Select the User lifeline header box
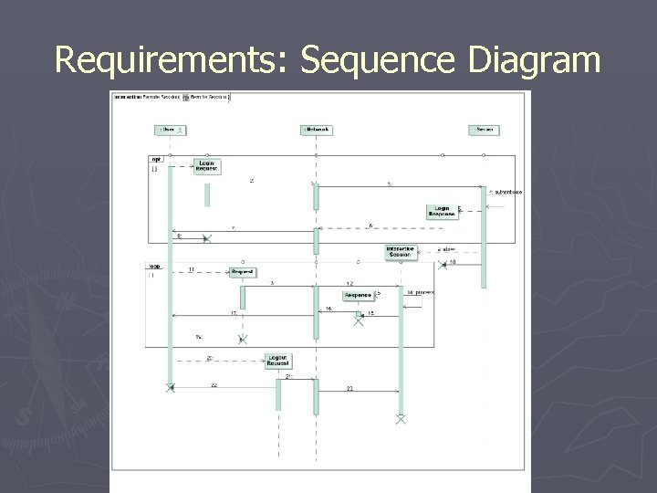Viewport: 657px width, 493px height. pyautogui.click(x=170, y=130)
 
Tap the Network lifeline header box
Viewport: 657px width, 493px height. pyautogui.click(x=316, y=130)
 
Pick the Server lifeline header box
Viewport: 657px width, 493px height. pyautogui.click(x=484, y=130)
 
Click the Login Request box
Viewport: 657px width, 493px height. pyautogui.click(x=207, y=165)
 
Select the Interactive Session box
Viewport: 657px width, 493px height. pyautogui.click(x=400, y=251)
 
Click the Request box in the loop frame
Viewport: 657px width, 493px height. pyautogui.click(x=242, y=271)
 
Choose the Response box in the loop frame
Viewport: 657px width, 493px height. pyautogui.click(x=358, y=295)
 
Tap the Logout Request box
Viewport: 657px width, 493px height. pyautogui.click(x=278, y=361)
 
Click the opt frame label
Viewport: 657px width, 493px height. pyautogui.click(x=156, y=159)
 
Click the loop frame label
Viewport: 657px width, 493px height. pyautogui.click(x=155, y=266)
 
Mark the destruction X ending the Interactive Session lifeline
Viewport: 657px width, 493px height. pyautogui.click(x=400, y=418)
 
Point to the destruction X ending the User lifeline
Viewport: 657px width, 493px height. pyautogui.click(x=170, y=388)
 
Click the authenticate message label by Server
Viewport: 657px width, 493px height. pyautogui.click(x=506, y=193)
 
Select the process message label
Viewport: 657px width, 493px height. pyautogui.click(x=422, y=292)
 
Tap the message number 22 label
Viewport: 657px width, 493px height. pyautogui.click(x=214, y=385)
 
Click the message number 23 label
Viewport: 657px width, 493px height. pyautogui.click(x=349, y=389)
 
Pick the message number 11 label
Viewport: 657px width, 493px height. pyautogui.click(x=191, y=269)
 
